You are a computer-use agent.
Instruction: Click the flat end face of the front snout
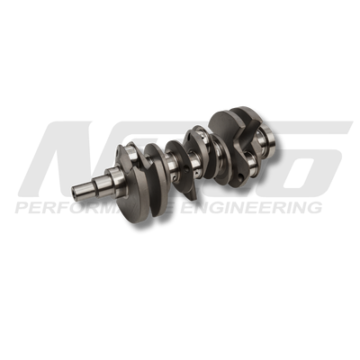75,192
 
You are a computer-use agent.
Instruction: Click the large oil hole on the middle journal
197,165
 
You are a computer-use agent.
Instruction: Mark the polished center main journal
193,160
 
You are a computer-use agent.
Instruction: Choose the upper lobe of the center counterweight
194,140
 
